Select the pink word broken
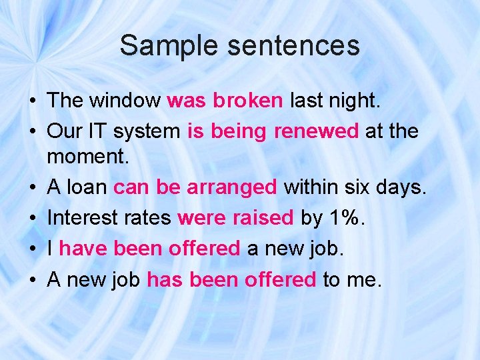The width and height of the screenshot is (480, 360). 248,101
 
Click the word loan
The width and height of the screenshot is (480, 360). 86,188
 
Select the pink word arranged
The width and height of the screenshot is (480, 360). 231,188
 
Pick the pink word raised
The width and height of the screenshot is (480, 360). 264,218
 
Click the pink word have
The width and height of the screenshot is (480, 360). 84,249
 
